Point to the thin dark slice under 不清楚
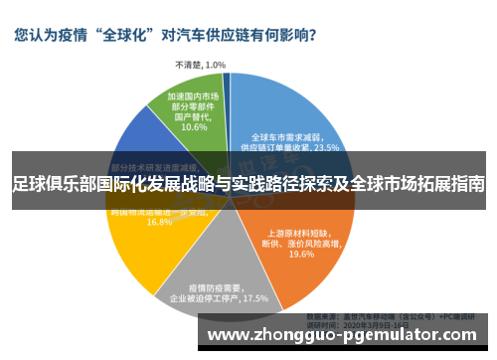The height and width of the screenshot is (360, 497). [x=227, y=90]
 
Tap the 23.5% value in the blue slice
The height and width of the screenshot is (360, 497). [x=324, y=147]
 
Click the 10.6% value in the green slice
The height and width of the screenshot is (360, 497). [x=194, y=127]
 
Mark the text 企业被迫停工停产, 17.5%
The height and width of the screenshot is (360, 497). [x=219, y=297]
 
